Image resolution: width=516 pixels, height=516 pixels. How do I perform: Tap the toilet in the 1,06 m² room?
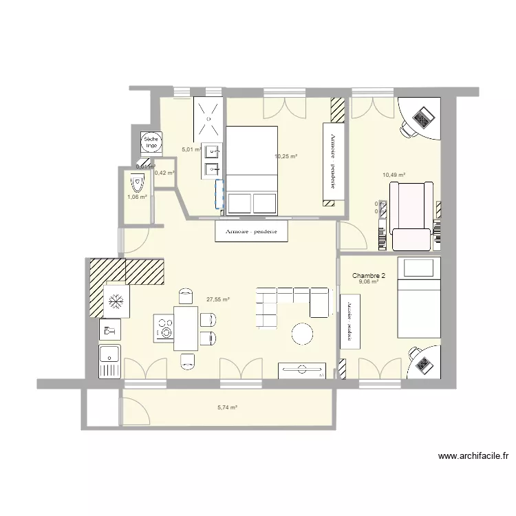(x=136, y=184)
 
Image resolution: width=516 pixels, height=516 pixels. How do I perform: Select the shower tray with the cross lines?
(x=208, y=118)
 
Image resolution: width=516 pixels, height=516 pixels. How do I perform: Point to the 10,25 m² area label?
(x=286, y=157)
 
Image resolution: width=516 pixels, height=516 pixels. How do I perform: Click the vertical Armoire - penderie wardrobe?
(x=334, y=163)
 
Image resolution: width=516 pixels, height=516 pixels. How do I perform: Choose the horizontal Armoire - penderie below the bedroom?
(x=251, y=232)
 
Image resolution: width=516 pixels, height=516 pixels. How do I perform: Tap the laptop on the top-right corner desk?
(x=422, y=118)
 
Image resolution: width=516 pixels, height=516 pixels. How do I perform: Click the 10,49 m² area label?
(x=394, y=175)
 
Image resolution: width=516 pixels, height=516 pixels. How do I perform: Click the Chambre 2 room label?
(x=369, y=276)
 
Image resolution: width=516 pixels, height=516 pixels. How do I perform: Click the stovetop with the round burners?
(x=164, y=328)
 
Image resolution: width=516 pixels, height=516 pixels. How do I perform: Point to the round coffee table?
(x=303, y=334)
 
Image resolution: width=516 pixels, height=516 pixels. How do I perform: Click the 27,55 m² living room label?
(x=217, y=300)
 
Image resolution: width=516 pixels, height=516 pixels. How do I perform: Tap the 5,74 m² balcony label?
(x=227, y=407)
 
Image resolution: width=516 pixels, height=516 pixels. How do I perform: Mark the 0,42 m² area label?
(x=165, y=173)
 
